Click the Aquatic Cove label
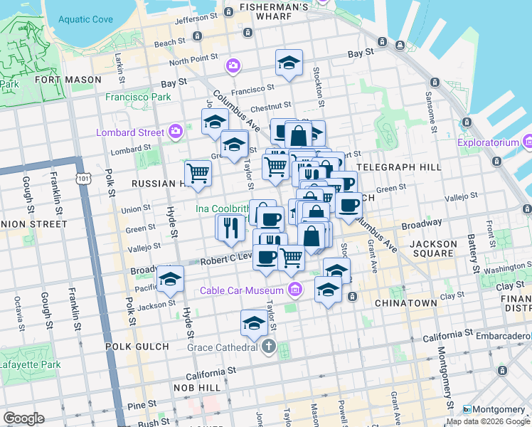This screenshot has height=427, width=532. click(x=86, y=19)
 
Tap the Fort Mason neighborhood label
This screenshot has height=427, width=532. click(x=68, y=80)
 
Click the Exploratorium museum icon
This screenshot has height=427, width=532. click(x=527, y=142)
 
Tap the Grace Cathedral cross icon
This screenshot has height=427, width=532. click(x=268, y=347)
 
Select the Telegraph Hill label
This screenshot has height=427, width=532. click(x=393, y=167)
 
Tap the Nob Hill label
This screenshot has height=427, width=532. click(x=197, y=387)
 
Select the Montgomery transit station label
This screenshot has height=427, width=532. click(x=497, y=409)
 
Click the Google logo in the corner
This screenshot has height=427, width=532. click(x=23, y=418)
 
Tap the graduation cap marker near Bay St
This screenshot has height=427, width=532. click(x=289, y=63)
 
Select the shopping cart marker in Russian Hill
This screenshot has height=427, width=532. click(x=198, y=172)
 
